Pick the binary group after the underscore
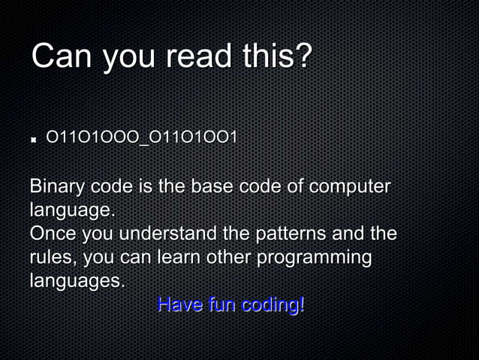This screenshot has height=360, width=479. (194, 138)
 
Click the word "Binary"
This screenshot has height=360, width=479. (57, 186)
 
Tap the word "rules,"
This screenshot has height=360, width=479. (53, 257)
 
